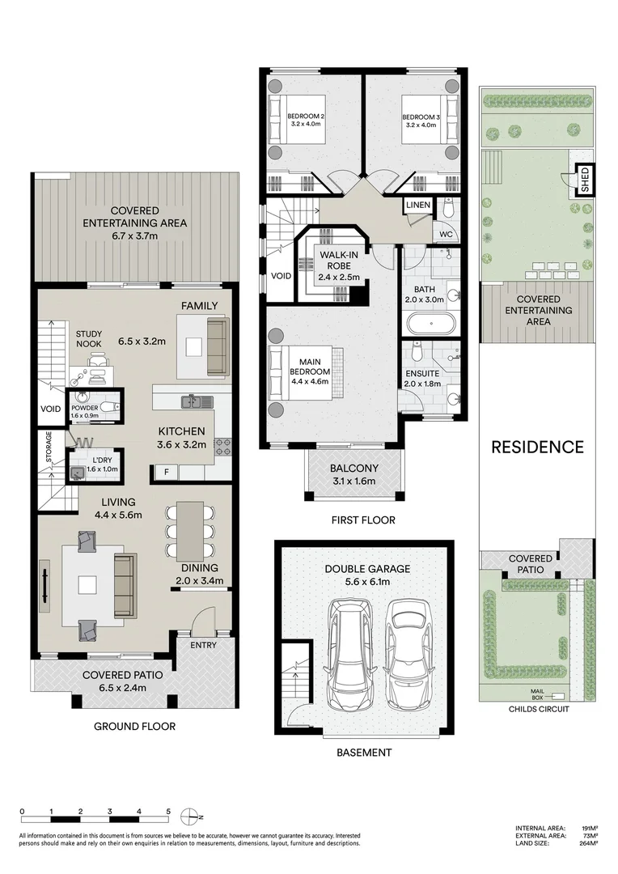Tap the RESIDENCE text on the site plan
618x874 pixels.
(537, 447)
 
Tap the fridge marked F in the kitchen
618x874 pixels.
(167, 470)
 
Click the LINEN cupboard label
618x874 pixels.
(417, 206)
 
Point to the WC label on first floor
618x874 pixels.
(446, 235)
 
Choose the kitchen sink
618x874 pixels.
(194, 401)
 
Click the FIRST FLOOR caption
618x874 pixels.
(363, 520)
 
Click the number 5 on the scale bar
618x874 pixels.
(168, 810)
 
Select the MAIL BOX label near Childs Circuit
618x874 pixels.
(537, 694)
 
